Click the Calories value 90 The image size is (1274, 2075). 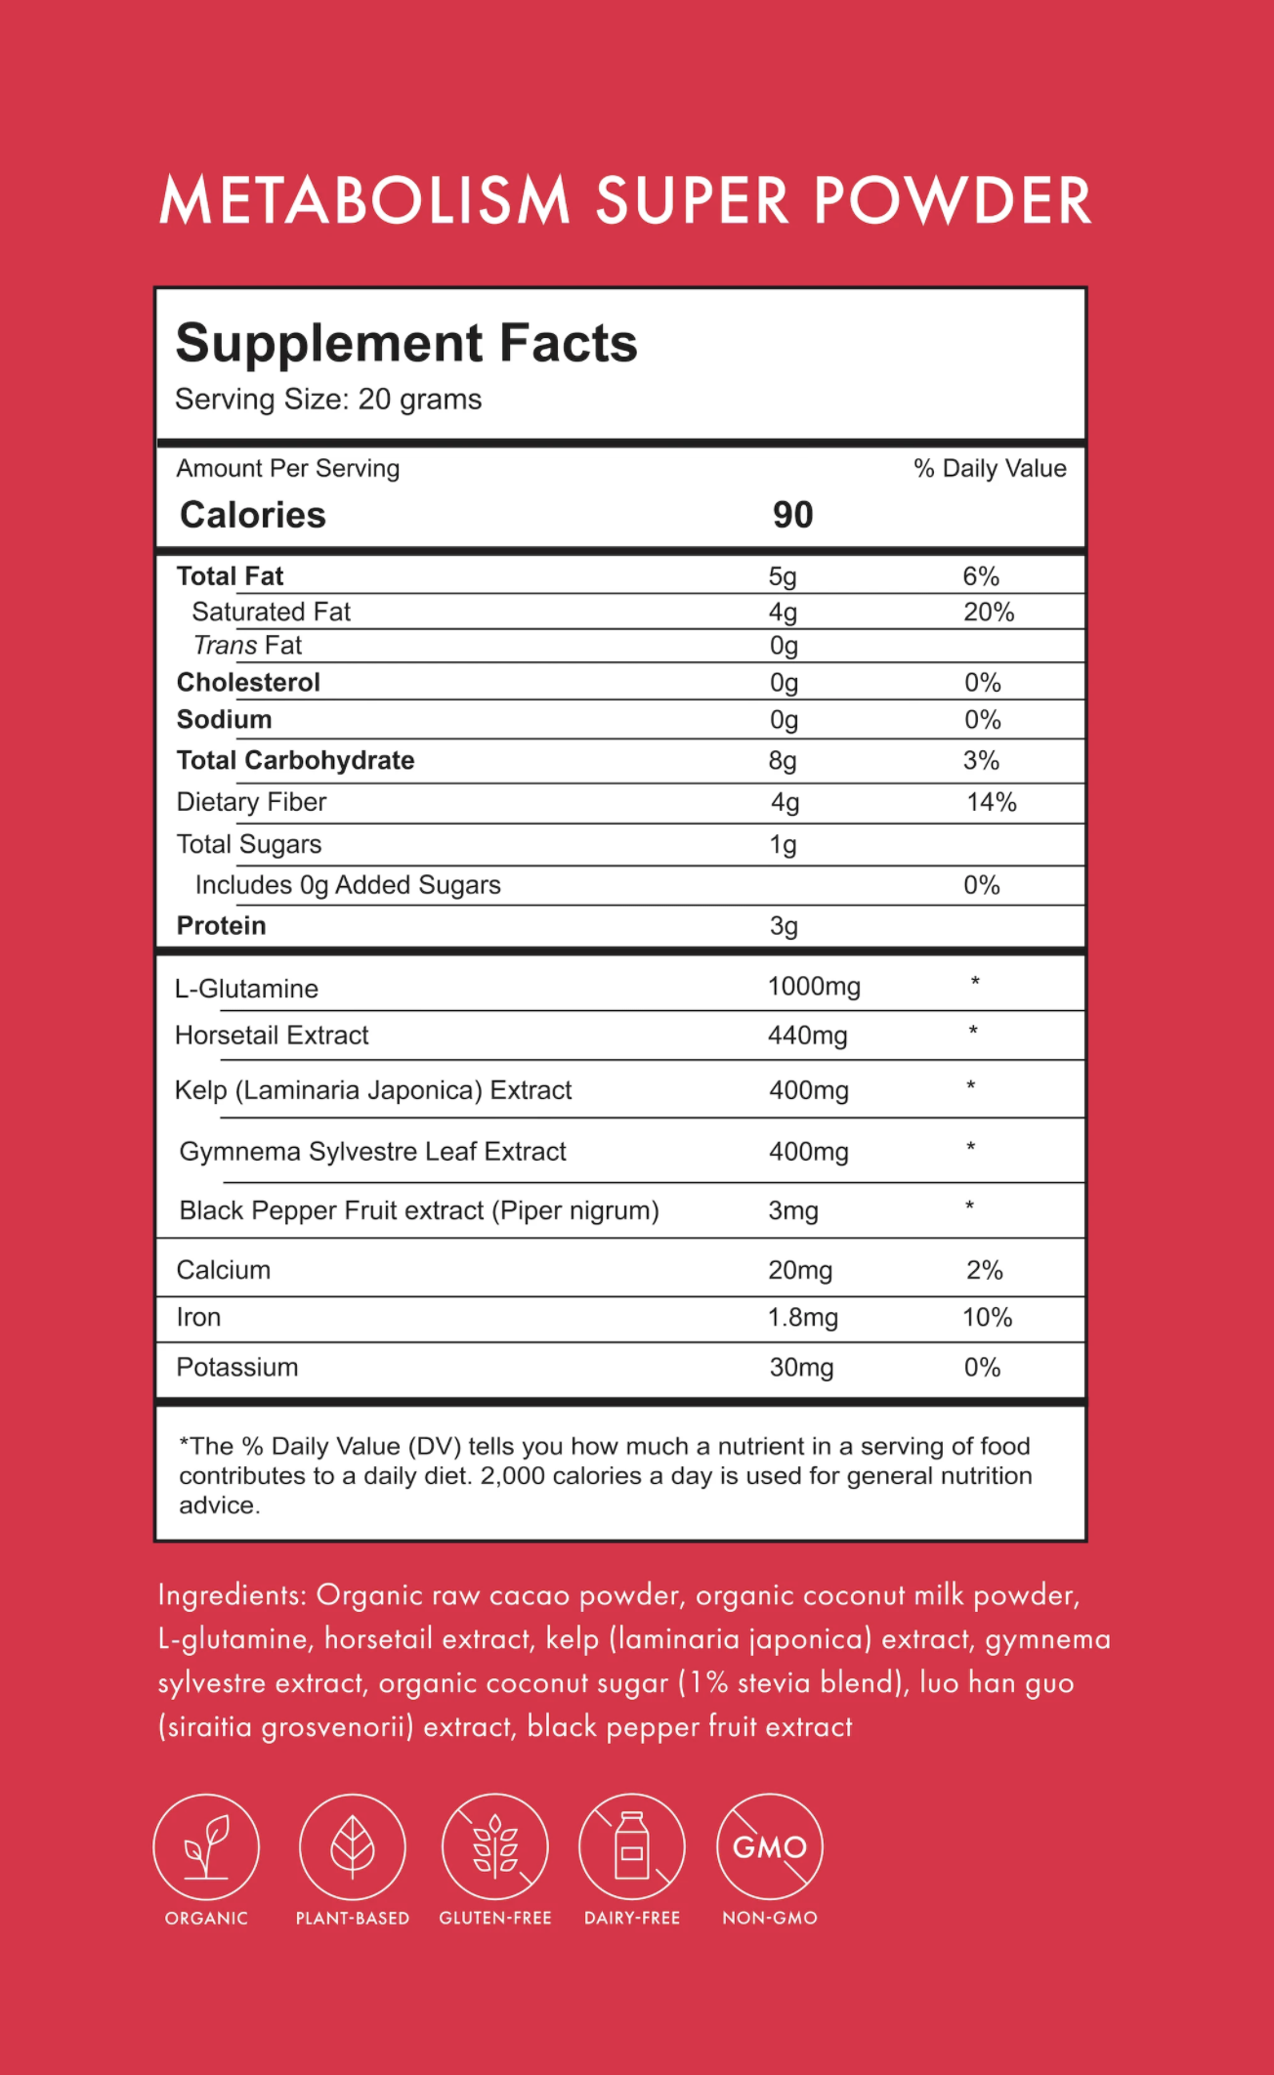click(792, 515)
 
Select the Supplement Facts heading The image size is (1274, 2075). click(406, 344)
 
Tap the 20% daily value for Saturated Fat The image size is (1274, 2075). click(989, 612)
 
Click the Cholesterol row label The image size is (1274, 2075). click(248, 682)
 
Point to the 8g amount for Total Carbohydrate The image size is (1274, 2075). click(783, 760)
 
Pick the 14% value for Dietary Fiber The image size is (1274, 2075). click(992, 802)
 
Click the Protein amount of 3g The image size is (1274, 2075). click(784, 925)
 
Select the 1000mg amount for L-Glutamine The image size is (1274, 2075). click(814, 987)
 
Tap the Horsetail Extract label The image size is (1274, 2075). click(272, 1036)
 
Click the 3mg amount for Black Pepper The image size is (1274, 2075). click(793, 1211)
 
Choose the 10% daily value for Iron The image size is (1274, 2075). click(987, 1318)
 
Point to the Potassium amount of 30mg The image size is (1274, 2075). click(801, 1368)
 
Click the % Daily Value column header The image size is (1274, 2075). click(990, 469)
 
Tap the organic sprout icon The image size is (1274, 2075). click(206, 1846)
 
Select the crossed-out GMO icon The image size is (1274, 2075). click(770, 1846)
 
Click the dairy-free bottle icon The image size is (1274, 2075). click(632, 1846)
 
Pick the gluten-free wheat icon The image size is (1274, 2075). click(495, 1846)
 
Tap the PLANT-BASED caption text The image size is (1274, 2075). click(353, 1918)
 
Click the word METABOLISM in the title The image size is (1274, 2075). click(364, 201)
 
